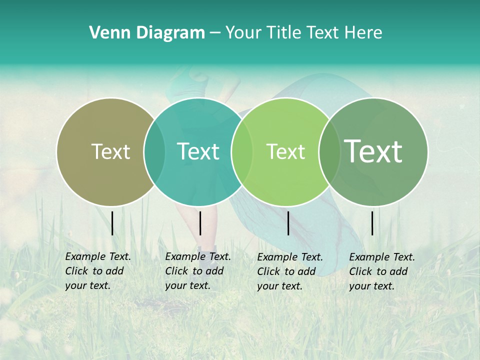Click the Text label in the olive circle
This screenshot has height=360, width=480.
(110, 151)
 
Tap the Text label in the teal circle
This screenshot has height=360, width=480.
(198, 151)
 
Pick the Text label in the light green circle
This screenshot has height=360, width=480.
(285, 151)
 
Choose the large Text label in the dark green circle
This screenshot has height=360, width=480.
(373, 151)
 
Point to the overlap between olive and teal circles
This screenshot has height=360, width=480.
(154, 151)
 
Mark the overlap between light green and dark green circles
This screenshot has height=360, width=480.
(328, 151)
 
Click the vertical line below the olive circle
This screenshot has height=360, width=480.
(112, 223)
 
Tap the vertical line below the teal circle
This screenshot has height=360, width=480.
(200, 223)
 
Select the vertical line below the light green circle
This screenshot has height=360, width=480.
(288, 223)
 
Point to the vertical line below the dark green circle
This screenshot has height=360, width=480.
(372, 223)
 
